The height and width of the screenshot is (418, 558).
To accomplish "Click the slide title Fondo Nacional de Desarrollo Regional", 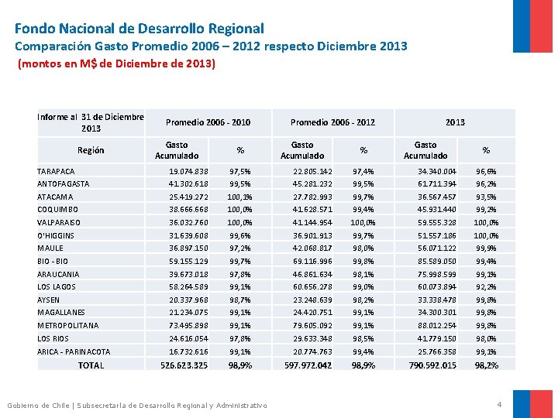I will pyautogui.click(x=139, y=29).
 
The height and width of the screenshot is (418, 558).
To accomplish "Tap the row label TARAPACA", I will pyautogui.click(x=57, y=171).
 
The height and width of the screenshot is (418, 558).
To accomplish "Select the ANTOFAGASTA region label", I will pyautogui.click(x=64, y=184).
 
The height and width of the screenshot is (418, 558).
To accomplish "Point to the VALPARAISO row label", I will pyautogui.click(x=61, y=222).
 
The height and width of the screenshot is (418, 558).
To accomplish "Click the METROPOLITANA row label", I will pyautogui.click(x=68, y=326).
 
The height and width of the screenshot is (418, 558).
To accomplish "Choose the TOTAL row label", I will pyautogui.click(x=91, y=365).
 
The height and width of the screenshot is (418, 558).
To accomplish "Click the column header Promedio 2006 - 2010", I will pyautogui.click(x=208, y=122).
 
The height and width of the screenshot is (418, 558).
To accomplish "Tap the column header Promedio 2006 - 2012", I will pyautogui.click(x=332, y=122).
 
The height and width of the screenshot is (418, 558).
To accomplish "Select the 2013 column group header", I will pyautogui.click(x=455, y=122).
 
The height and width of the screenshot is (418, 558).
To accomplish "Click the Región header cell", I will pyautogui.click(x=91, y=150).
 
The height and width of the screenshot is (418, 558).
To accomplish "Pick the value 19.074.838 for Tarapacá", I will pyautogui.click(x=188, y=171).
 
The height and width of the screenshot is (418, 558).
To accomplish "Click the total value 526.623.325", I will pyautogui.click(x=184, y=365).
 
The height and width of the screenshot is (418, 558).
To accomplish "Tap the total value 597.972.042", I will pyautogui.click(x=308, y=365).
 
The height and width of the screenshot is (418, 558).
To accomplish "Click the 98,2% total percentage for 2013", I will pyautogui.click(x=487, y=365).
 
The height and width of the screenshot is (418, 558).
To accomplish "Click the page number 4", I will pyautogui.click(x=499, y=404).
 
